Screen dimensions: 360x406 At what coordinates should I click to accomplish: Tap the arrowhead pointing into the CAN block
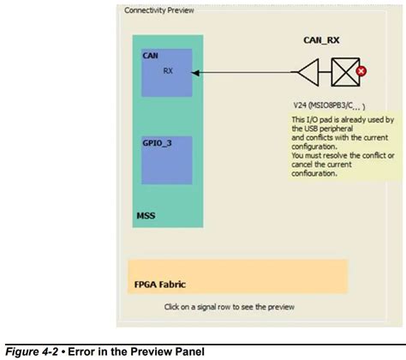(x=198, y=73)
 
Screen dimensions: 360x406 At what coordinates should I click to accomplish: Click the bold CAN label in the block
(x=150, y=56)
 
